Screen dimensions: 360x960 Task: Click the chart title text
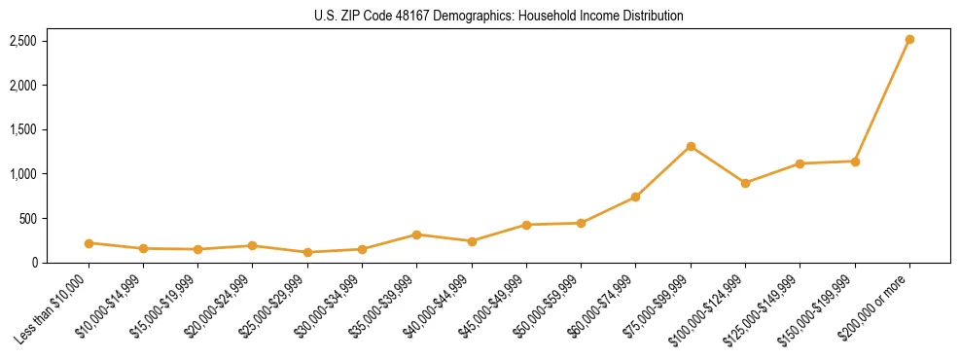point(499,17)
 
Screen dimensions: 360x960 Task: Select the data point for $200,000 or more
point(909,40)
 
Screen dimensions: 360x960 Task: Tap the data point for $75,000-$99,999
point(691,146)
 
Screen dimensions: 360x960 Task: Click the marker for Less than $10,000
point(89,243)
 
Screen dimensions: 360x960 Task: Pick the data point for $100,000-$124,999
point(745,183)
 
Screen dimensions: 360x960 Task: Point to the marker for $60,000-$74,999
point(635,197)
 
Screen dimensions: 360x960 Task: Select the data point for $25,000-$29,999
point(307,252)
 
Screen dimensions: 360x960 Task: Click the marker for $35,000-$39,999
point(416,234)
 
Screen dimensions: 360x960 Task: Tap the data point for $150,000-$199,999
point(855,162)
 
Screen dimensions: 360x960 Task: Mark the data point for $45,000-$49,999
point(526,225)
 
